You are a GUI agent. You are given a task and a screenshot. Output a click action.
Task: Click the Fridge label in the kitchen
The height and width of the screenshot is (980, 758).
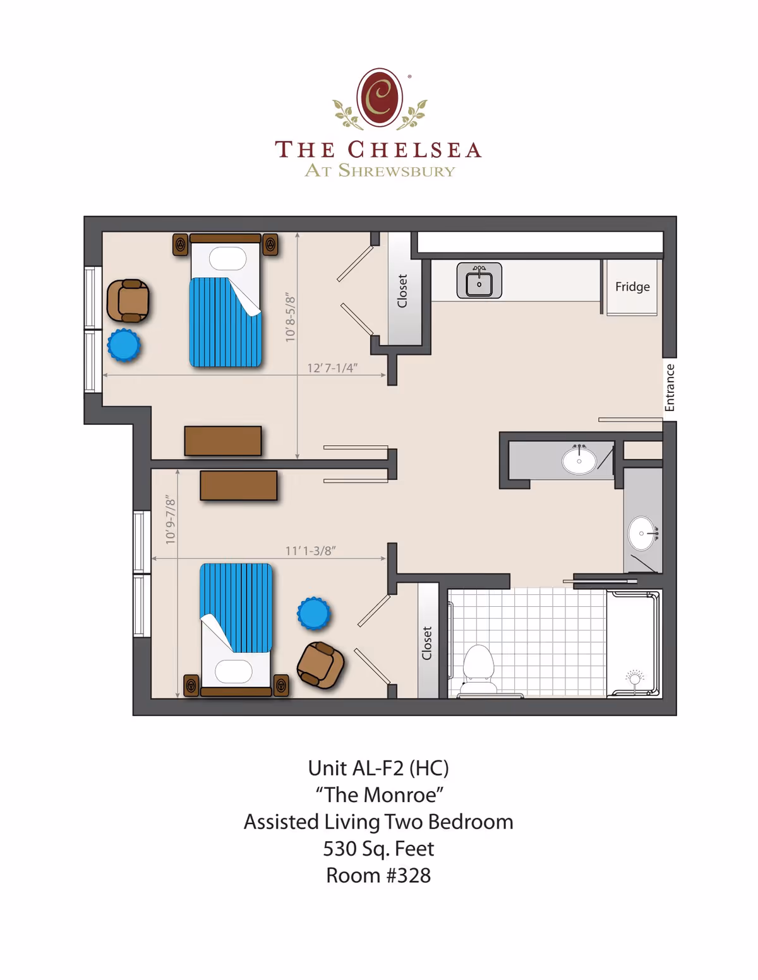632,287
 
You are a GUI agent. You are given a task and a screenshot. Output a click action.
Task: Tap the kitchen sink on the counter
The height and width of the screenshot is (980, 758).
479,281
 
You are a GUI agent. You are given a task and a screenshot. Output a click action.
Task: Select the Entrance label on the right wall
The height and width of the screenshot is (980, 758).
670,388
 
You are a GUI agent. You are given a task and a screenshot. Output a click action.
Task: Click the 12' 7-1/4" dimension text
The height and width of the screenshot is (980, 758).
332,368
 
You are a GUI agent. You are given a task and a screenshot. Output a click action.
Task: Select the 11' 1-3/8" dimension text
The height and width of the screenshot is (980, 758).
310,551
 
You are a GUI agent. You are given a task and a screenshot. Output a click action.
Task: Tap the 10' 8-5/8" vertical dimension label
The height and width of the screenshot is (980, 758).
291,317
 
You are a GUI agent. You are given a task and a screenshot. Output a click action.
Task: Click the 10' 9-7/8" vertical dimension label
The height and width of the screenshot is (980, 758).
171,520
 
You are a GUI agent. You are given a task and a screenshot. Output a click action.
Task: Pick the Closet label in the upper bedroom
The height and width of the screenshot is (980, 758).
402,291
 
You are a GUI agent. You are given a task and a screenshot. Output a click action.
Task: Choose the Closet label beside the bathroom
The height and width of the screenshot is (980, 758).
427,643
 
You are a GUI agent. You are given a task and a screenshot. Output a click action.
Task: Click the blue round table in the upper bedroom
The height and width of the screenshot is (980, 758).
124,345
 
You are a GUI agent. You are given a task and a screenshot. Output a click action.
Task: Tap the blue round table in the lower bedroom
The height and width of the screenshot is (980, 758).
313,613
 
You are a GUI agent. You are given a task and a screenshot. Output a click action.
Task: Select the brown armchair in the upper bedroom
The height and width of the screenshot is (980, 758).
128,301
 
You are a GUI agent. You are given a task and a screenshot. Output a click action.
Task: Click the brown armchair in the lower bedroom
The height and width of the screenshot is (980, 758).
321,665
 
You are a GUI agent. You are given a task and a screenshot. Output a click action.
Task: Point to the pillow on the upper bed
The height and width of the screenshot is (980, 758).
227,259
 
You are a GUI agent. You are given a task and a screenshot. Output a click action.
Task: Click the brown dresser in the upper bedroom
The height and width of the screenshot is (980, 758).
223,441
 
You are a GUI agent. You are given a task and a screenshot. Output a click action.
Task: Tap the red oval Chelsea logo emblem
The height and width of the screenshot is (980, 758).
380,98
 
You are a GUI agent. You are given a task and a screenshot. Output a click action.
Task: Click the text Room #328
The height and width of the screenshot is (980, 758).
378,876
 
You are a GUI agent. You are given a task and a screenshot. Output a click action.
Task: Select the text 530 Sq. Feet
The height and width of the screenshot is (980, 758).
378,849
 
